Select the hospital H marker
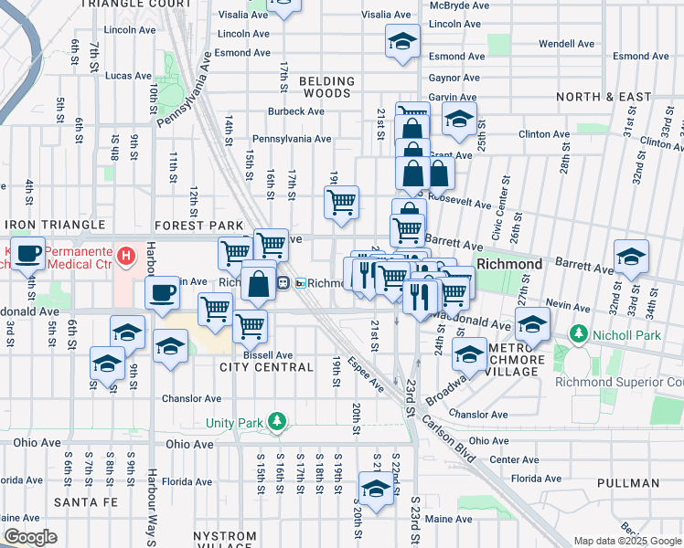click(127, 253)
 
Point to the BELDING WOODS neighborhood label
click(326, 87)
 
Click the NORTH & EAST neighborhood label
click(603, 97)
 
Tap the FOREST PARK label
click(199, 226)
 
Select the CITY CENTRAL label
click(266, 367)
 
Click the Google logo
click(30, 537)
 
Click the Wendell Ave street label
click(567, 43)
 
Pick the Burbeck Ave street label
click(296, 112)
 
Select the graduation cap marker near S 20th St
click(376, 489)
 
